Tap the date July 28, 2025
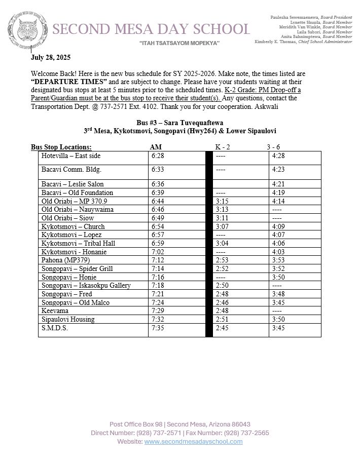pyautogui.click(x=51, y=57)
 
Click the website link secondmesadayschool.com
pyautogui.click(x=193, y=442)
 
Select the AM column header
pyautogui.click(x=156, y=147)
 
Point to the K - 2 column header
pyautogui.click(x=222, y=147)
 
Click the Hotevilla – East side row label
pyautogui.click(x=71, y=156)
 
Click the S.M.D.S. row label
pyautogui.click(x=54, y=328)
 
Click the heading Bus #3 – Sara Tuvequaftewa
pyautogui.click(x=179, y=123)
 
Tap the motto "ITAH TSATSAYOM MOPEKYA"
pyautogui.click(x=179, y=44)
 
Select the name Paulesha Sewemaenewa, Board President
pyautogui.click(x=311, y=17)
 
